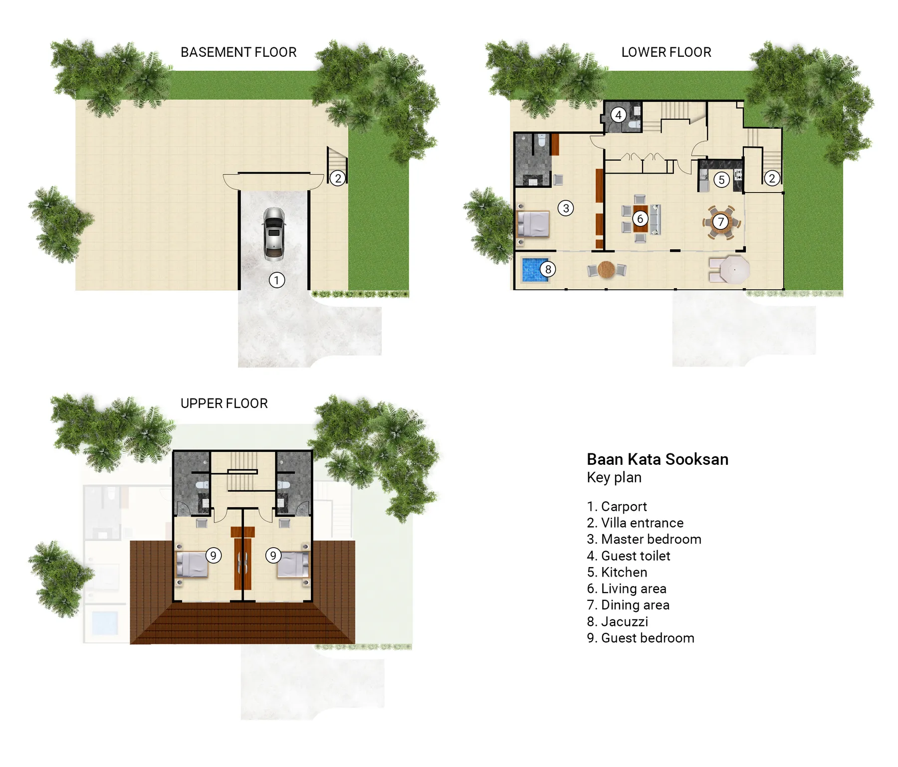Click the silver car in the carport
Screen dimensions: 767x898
tap(274, 233)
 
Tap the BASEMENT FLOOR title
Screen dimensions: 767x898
tap(238, 52)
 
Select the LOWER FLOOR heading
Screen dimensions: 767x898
tap(666, 52)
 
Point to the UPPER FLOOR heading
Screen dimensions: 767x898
tap(224, 403)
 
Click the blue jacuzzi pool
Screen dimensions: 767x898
tap(534, 270)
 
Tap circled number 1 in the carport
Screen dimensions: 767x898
tap(277, 280)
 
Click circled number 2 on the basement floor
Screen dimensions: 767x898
tap(338, 178)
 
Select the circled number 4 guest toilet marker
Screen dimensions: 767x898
tap(618, 115)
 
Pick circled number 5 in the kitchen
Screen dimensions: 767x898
tap(721, 180)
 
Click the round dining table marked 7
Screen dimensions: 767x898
tap(720, 222)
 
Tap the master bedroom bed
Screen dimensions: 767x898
tap(533, 224)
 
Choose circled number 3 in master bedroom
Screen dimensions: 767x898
tap(566, 208)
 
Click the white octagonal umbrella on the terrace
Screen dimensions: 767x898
tap(734, 270)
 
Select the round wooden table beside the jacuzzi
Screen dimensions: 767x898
tap(606, 270)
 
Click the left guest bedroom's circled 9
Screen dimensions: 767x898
tap(213, 556)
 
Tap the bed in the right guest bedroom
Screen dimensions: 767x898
tap(293, 565)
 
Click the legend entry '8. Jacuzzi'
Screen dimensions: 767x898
tap(618, 622)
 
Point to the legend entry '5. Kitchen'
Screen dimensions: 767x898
tap(617, 573)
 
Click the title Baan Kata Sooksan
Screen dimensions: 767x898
tap(657, 459)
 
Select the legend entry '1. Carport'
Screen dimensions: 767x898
tap(617, 507)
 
